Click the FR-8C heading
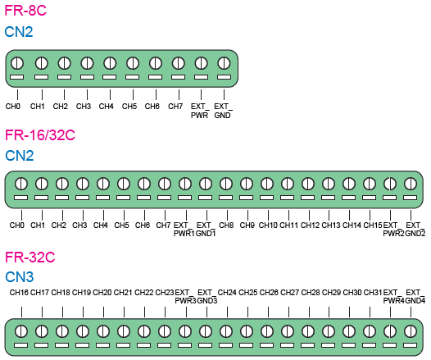coord(25,11)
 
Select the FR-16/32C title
coord(40,135)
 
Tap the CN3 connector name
coord(20,276)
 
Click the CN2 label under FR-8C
coord(19,32)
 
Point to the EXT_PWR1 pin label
coord(184,229)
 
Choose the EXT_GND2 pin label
coord(415,229)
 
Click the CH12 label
coord(310,226)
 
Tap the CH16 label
coord(19,292)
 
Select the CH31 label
coord(373,292)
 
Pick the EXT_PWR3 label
coord(185,296)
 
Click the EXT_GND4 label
coord(415,296)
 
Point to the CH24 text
coord(227,292)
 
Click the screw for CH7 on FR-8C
coord(178,63)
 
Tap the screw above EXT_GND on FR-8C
coord(224,63)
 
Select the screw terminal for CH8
coord(226,184)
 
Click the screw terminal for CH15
coord(370,184)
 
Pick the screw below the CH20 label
coord(103,331)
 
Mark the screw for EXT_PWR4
coord(390,331)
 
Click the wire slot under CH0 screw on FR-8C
coord(16,77)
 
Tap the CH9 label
coord(247,226)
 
